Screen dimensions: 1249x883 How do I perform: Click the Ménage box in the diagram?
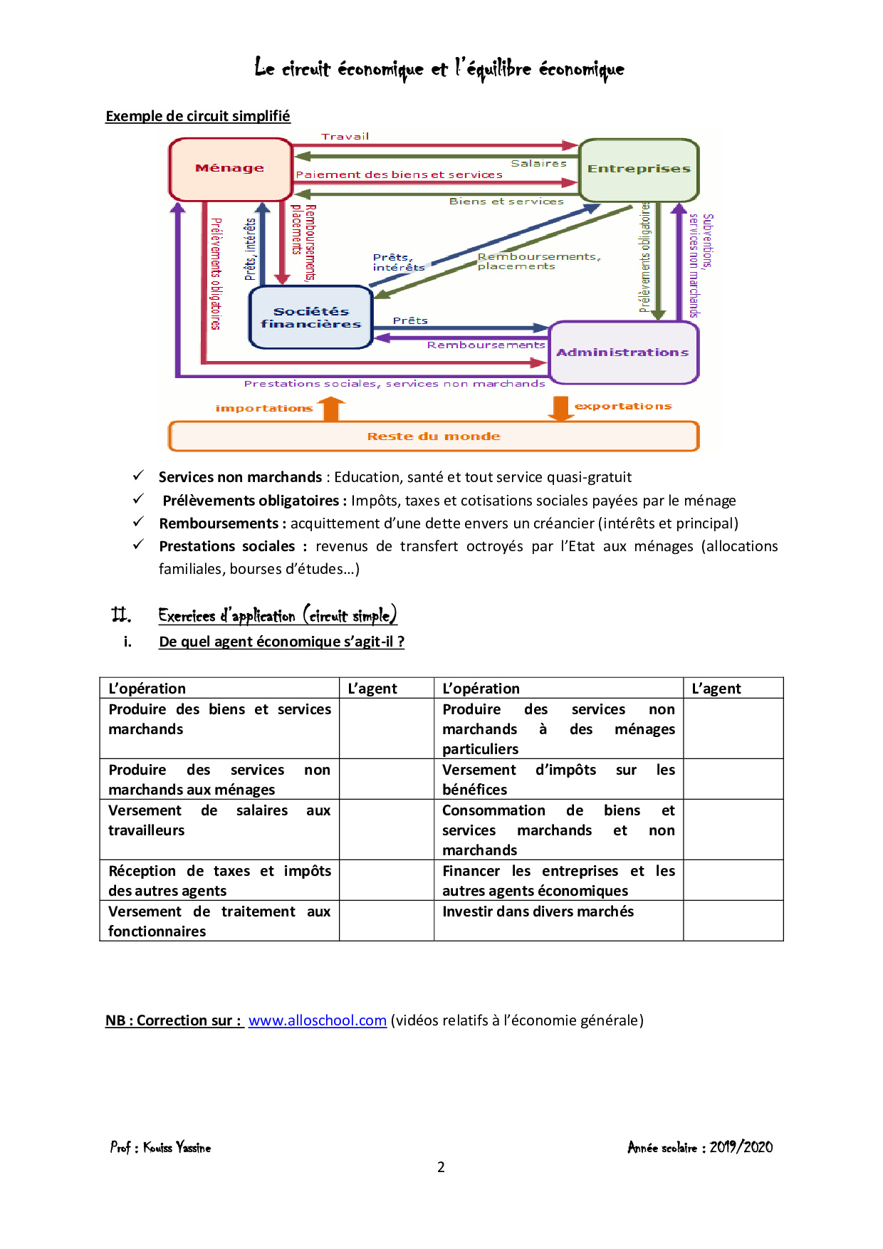coord(230,169)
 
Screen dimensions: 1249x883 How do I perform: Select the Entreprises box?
coord(639,169)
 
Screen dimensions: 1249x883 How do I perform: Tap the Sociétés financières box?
coord(311,318)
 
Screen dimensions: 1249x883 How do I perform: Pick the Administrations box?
coord(623,352)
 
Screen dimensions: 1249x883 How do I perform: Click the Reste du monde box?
coord(434,437)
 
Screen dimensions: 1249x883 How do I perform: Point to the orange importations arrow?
coord(331,409)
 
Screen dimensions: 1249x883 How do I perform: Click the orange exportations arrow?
coord(560,407)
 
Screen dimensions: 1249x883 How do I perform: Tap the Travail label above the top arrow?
coord(345,137)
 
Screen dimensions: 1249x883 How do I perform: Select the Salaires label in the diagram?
coord(538,164)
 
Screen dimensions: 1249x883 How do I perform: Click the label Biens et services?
coord(506,202)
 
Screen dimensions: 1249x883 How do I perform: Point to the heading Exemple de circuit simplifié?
coord(198,116)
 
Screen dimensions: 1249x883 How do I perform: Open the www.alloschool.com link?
coord(318,1020)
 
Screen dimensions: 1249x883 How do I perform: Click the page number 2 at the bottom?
coord(441,1166)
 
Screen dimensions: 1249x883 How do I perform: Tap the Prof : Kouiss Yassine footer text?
coord(161,1147)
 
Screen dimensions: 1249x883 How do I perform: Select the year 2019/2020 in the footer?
coord(741,1146)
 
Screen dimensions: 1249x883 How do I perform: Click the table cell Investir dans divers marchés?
coord(538,911)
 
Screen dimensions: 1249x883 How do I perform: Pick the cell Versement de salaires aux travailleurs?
coord(219,820)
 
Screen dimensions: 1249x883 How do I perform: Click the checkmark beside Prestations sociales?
coord(139,545)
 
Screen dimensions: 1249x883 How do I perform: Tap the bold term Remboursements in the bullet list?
coord(219,523)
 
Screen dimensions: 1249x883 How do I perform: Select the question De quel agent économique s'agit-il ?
coord(281,642)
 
